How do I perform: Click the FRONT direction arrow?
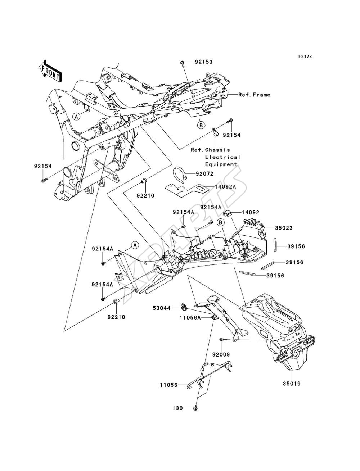(50, 71)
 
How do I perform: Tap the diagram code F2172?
(305, 56)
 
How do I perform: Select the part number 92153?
(203, 62)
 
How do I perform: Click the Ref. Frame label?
(254, 95)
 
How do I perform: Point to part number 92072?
(204, 173)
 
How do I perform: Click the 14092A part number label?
(225, 187)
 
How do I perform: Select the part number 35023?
(284, 228)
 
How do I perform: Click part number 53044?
(161, 308)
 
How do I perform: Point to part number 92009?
(221, 354)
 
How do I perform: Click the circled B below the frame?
(201, 125)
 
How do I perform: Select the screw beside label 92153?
(183, 64)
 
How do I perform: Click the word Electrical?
(222, 157)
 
